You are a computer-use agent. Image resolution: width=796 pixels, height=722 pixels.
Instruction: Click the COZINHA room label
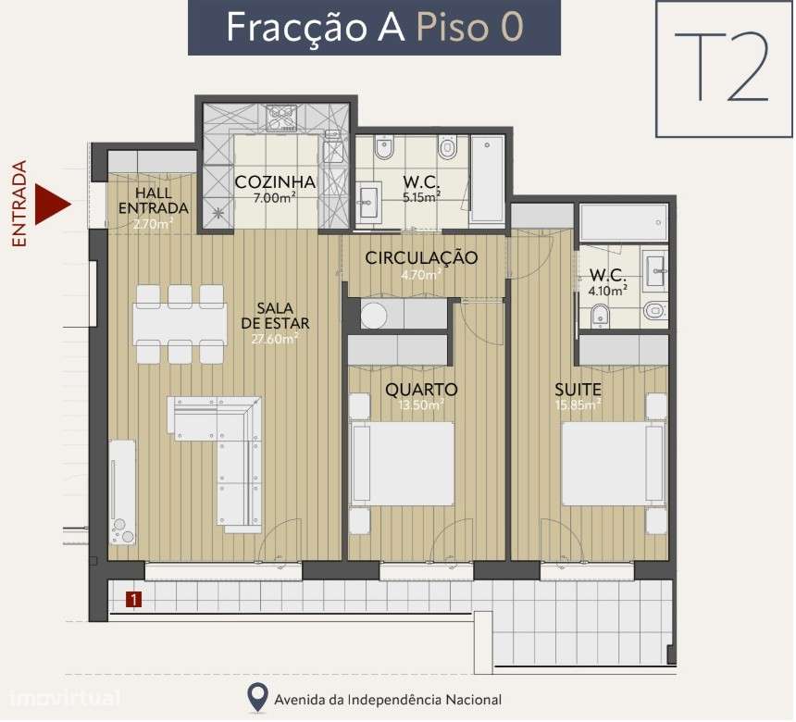(x=274, y=182)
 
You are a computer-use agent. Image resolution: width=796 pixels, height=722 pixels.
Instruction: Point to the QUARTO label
(x=421, y=389)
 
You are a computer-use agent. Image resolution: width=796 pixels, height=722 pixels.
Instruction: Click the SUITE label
(x=578, y=389)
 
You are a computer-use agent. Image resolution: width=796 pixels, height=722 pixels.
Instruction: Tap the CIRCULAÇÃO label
(x=421, y=257)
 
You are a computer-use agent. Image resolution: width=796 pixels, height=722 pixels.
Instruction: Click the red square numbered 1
(x=135, y=600)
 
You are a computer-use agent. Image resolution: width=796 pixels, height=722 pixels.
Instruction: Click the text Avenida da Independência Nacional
(x=388, y=700)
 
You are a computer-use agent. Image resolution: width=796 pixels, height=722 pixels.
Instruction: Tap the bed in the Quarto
(x=404, y=464)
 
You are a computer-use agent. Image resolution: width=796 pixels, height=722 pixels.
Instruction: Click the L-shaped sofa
(x=227, y=454)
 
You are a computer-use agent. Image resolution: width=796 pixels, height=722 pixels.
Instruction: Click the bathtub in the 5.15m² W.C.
(x=488, y=180)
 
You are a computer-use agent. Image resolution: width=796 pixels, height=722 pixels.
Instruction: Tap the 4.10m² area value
(x=607, y=289)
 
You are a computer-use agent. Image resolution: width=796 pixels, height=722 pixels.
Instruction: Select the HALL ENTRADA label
(x=153, y=200)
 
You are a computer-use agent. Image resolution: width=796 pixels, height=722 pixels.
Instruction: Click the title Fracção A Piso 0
(x=375, y=27)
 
